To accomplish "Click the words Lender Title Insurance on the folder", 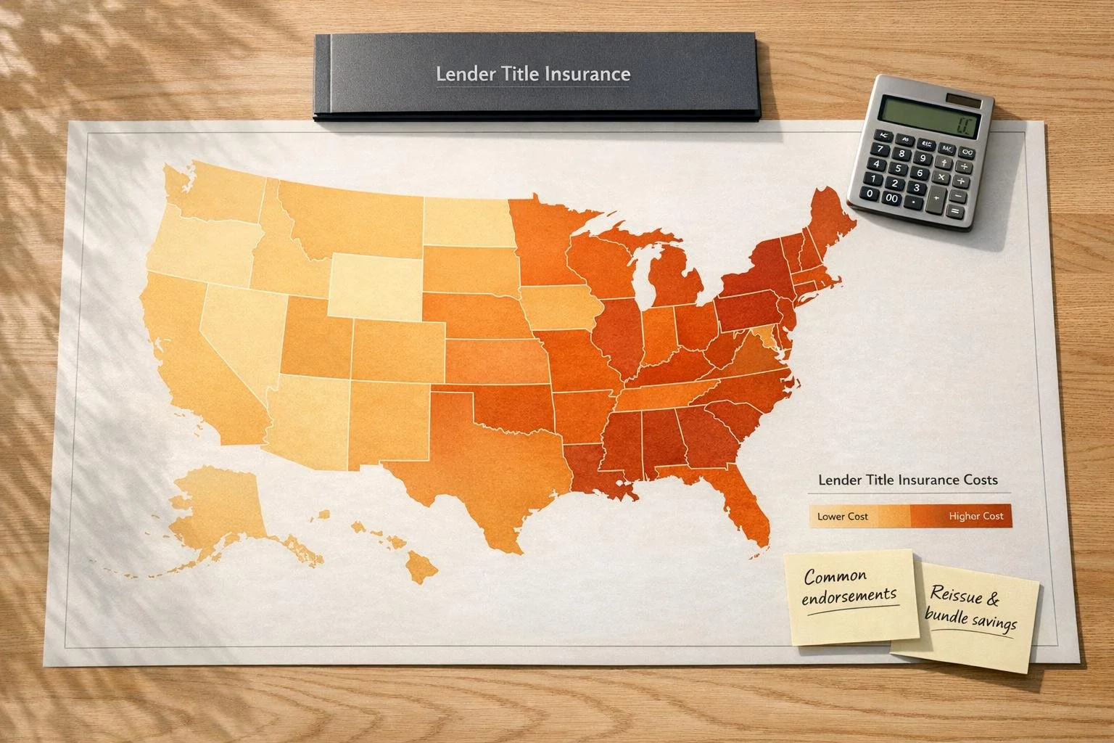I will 533,74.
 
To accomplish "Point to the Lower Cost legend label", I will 842,517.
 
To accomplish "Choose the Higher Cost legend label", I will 975,516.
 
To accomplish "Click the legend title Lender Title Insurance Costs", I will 907,480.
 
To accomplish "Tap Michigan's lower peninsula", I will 674,283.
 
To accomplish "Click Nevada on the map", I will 239,327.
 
